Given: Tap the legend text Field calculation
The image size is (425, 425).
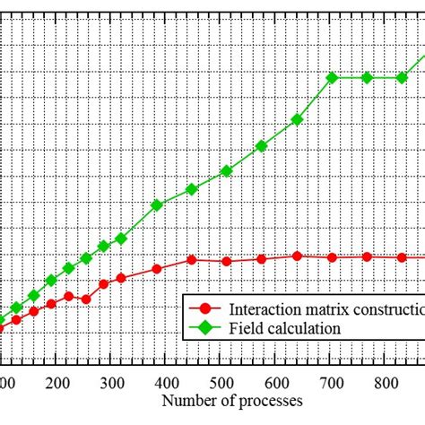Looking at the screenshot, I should (285, 328).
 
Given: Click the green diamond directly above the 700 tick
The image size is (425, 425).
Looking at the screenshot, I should (333, 77).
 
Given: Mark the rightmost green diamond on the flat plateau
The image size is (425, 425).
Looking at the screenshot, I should (401, 77).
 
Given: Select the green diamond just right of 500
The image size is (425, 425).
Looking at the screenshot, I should (227, 170).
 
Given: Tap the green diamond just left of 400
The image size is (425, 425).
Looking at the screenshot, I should (157, 204).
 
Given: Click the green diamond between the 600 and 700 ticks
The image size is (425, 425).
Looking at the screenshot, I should (297, 119).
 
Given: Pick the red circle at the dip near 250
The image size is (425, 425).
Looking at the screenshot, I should (86, 299).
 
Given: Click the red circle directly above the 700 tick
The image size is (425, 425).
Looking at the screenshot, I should (333, 257).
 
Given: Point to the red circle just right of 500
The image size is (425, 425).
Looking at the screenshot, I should (227, 261).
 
